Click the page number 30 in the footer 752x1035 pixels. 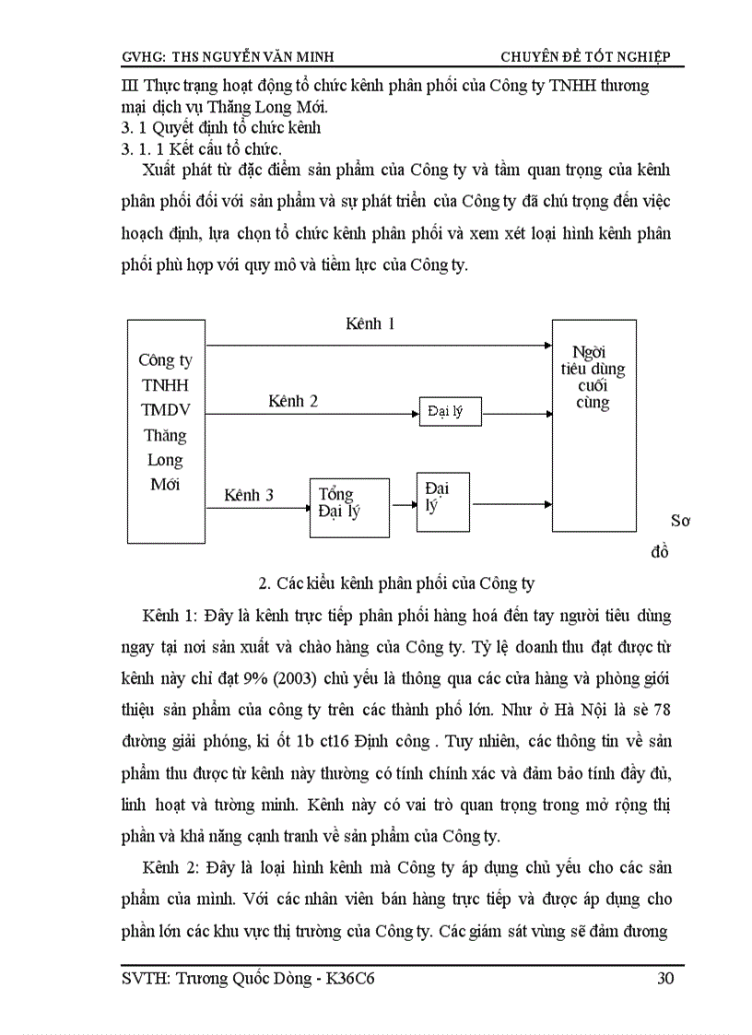[664, 978]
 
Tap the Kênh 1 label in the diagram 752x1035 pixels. [370, 323]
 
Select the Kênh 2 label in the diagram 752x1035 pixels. [293, 401]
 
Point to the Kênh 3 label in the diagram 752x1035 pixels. [249, 495]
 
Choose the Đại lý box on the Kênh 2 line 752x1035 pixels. [449, 412]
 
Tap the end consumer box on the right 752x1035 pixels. [593, 426]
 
